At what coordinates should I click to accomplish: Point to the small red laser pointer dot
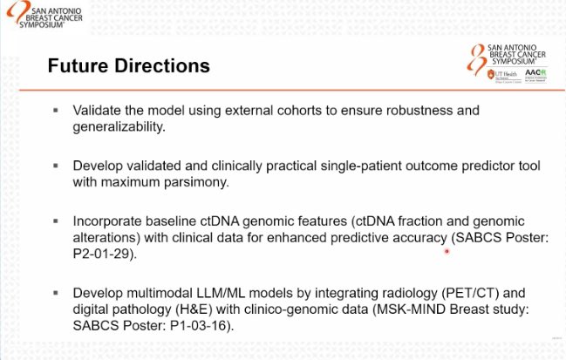tap(447, 251)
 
